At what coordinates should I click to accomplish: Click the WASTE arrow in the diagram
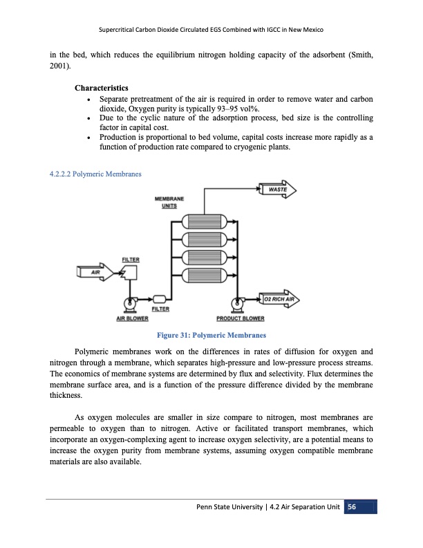point(279,189)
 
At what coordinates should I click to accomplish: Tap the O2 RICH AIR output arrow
point(279,299)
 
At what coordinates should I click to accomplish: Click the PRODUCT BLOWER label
point(240,319)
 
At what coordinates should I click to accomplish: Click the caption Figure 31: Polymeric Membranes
point(211,336)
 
